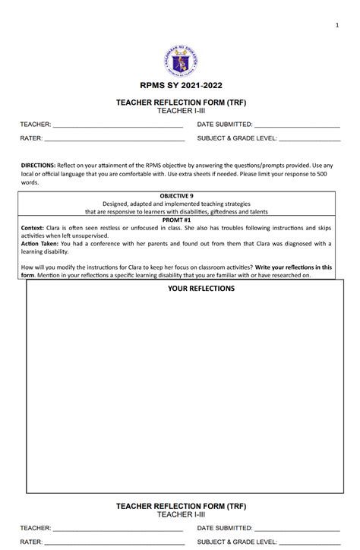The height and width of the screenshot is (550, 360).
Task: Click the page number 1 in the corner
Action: pos(336,27)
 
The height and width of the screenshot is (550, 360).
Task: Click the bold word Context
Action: pos(32,227)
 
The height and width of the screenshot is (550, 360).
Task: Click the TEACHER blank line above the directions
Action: pos(118,125)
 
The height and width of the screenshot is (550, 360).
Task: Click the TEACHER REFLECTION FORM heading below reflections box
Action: pos(180,505)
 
